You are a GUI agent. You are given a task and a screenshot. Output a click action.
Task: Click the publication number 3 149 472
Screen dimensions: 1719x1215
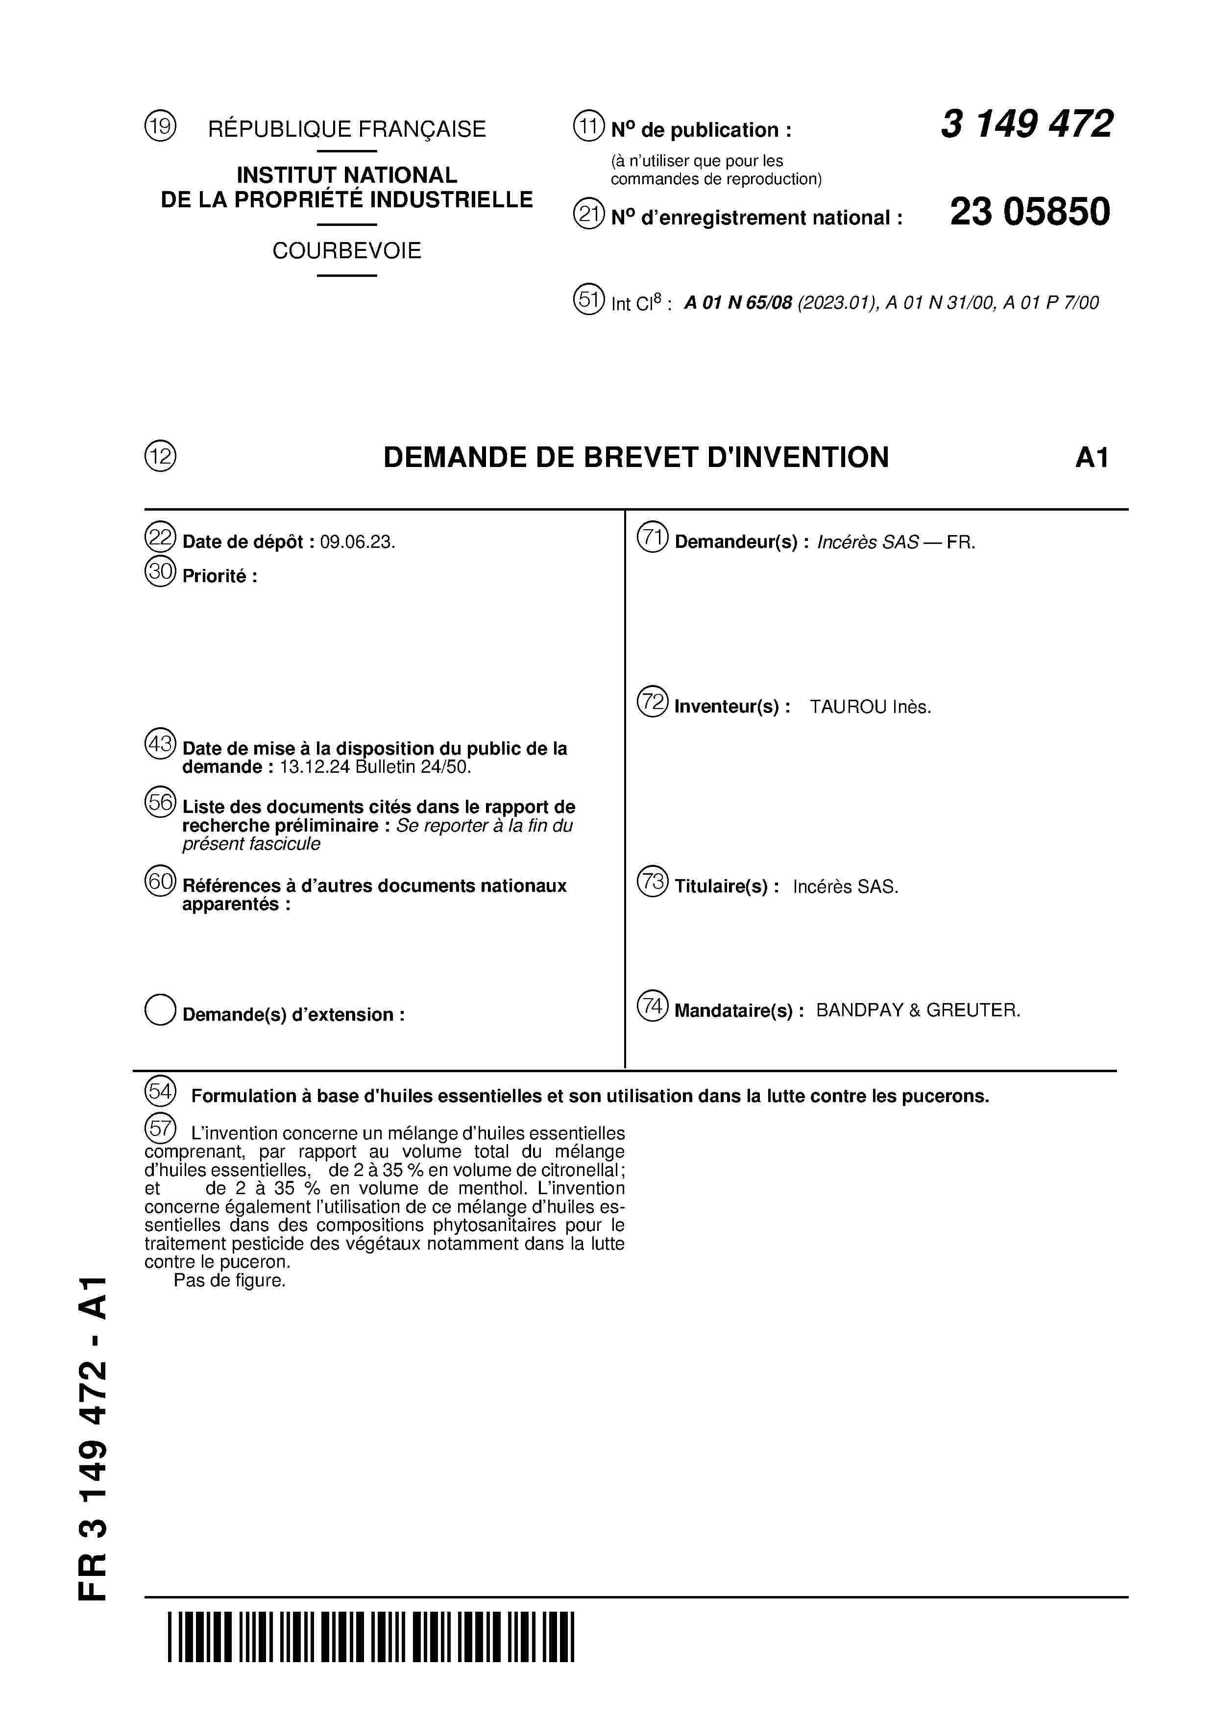click(x=1026, y=124)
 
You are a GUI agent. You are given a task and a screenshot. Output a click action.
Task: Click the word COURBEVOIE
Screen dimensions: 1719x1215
click(x=346, y=251)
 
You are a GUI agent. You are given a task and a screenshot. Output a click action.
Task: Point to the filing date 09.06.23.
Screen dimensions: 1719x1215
click(x=357, y=542)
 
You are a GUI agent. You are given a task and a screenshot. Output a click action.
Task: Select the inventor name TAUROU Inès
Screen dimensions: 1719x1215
click(x=870, y=707)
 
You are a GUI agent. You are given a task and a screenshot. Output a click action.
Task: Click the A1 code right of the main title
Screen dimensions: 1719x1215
click(x=1092, y=458)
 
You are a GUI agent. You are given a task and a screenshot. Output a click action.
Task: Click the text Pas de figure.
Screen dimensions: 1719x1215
click(x=230, y=1280)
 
